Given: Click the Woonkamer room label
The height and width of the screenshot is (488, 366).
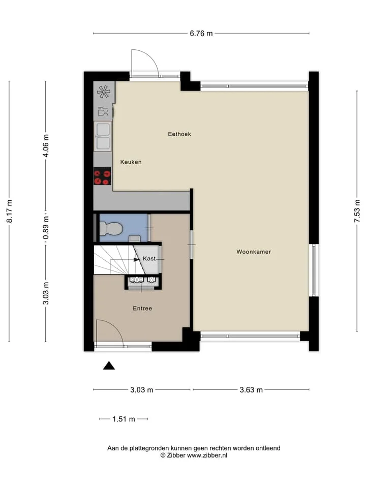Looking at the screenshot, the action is (254, 252).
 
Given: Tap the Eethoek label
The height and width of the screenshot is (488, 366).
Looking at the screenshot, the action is (179, 134).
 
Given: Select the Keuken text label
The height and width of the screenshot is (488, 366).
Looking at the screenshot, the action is (131, 162).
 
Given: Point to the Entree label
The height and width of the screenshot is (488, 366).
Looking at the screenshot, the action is (142, 309).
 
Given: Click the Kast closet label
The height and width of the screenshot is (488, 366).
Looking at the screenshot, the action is (149, 258).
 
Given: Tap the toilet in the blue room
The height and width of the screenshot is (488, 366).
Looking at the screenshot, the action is (110, 228).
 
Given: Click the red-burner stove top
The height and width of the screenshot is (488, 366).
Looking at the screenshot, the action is (102, 176).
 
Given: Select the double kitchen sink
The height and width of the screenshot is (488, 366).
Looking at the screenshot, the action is (103, 136).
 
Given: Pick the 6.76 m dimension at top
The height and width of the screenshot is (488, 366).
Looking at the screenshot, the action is (201, 34).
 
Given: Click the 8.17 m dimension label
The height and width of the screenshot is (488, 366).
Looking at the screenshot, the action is (10, 211).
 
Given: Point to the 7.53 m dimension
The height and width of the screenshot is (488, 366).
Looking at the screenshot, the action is (357, 210).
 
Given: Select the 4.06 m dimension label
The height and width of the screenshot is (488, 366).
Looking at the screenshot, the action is (46, 145).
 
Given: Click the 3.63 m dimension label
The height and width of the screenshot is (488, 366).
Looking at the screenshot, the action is (251, 390).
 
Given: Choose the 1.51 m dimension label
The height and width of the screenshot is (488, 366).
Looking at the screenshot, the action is (124, 419).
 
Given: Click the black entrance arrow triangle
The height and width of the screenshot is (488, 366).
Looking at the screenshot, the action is (109, 365).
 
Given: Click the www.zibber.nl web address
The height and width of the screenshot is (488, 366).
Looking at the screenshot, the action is (207, 455).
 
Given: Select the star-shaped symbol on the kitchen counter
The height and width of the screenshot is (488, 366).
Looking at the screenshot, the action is (103, 91).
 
